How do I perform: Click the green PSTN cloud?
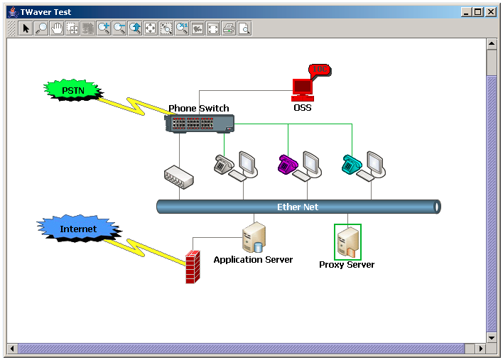[x=73, y=90]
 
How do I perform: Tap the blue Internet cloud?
[x=79, y=228]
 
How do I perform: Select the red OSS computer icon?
[x=303, y=90]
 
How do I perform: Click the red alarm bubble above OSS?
[x=320, y=70]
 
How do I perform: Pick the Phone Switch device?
[x=199, y=124]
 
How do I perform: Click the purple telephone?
[x=287, y=165]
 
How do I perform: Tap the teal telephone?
[x=352, y=165]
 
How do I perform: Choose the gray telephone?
[x=224, y=165]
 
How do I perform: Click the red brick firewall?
[x=193, y=267]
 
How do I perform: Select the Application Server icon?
[x=254, y=238]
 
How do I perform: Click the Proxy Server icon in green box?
[x=347, y=242]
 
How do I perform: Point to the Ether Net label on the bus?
[x=298, y=207]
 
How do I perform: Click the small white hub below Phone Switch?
[x=179, y=178]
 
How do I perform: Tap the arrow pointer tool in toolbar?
[x=26, y=28]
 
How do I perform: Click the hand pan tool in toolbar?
[x=57, y=28]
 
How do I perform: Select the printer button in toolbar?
[x=229, y=28]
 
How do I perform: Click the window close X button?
[x=490, y=12]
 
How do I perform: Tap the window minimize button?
[x=466, y=12]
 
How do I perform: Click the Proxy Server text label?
[x=347, y=265]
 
